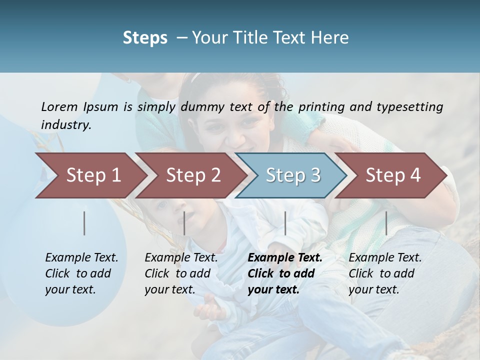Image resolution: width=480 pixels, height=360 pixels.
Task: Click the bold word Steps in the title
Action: (x=145, y=38)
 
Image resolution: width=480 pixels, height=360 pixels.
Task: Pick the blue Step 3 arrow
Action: (x=290, y=175)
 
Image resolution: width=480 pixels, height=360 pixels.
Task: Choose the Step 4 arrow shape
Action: (x=390, y=175)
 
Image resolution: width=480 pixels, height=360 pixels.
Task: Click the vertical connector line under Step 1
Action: (x=84, y=223)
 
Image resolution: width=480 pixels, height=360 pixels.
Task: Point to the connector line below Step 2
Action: (x=184, y=223)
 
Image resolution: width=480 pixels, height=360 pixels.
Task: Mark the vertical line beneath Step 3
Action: (x=285, y=223)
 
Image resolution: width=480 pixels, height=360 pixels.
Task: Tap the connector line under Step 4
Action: (x=386, y=223)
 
